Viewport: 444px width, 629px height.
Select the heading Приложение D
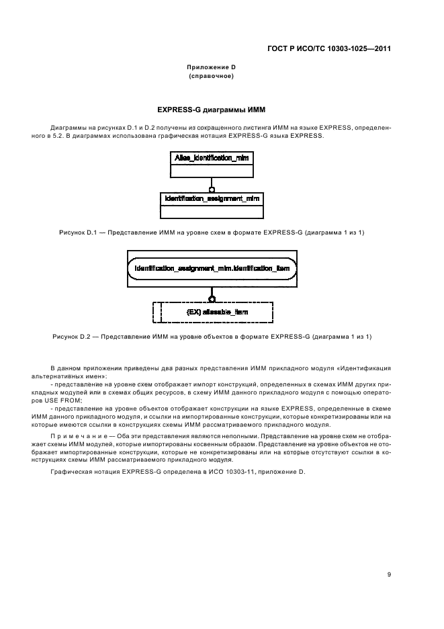click(212, 68)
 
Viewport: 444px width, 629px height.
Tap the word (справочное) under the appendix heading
click(212, 77)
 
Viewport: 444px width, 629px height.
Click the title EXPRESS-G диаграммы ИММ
click(212, 108)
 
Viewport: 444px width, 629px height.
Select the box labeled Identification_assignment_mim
click(212, 199)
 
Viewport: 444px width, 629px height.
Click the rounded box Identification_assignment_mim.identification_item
click(212, 269)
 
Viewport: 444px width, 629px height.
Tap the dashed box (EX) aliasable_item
click(213, 312)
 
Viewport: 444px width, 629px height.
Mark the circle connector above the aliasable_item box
click(212, 298)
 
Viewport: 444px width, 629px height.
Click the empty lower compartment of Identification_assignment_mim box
click(212, 212)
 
